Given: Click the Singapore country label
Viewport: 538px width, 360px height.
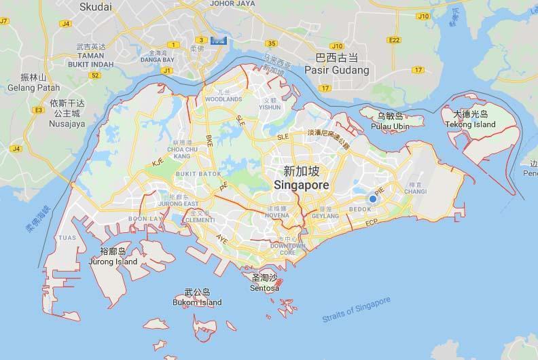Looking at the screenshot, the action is pyautogui.click(x=302, y=185).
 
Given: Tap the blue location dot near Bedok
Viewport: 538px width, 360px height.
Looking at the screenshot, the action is pyautogui.click(x=373, y=198).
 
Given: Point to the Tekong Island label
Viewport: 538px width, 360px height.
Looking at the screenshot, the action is pyautogui.click(x=470, y=125).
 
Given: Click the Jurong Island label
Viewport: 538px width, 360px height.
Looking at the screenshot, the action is pyautogui.click(x=113, y=262).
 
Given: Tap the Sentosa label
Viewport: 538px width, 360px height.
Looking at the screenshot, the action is pyautogui.click(x=265, y=288).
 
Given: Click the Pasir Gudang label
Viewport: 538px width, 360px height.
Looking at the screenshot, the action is pyautogui.click(x=338, y=70).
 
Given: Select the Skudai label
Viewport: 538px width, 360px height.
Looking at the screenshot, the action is pyautogui.click(x=96, y=7).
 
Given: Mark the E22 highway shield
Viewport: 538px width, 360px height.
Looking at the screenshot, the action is pyautogui.click(x=394, y=40).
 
